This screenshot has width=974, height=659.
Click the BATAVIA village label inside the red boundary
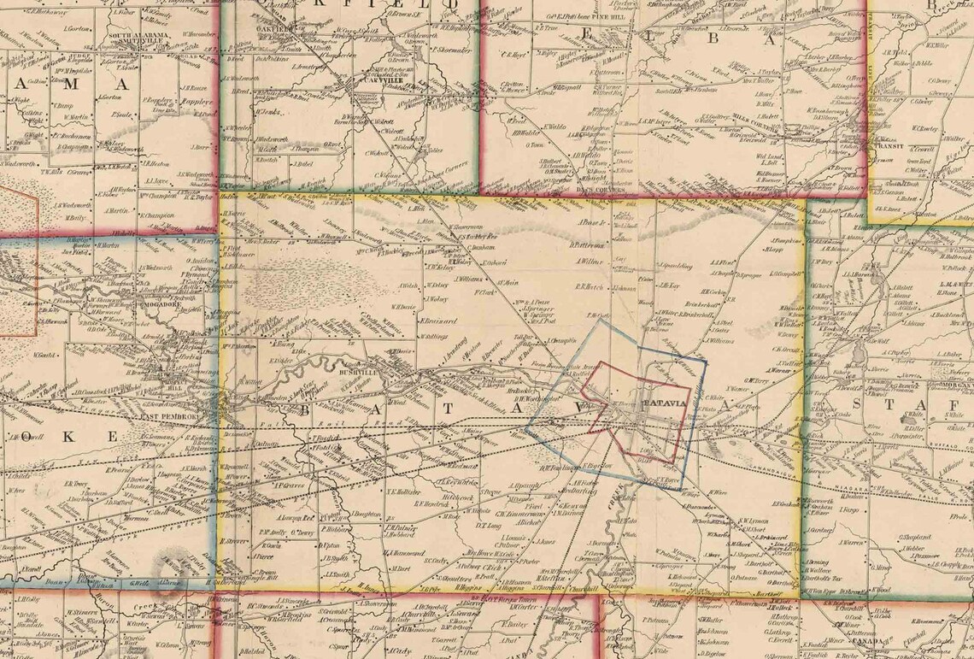(663, 403)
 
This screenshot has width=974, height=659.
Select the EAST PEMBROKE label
(169, 416)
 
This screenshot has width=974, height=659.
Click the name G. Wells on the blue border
(140, 583)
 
